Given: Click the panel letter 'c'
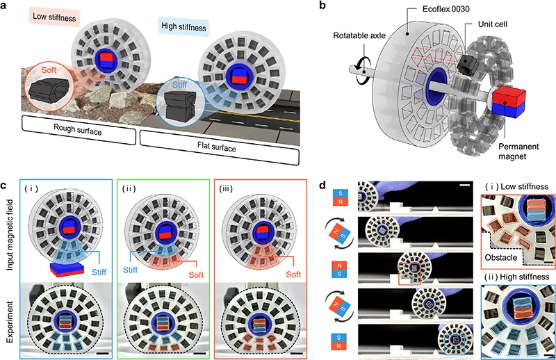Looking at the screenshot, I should pyautogui.click(x=6, y=186).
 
